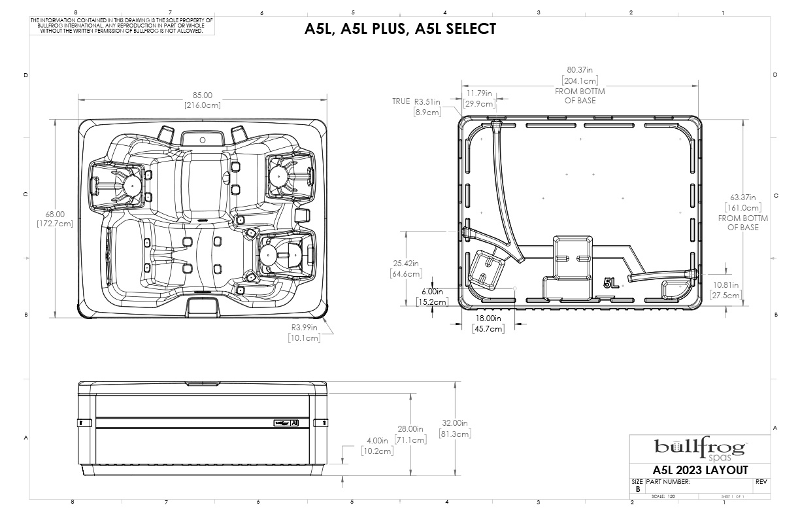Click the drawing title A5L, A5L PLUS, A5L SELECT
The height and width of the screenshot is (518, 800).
400,29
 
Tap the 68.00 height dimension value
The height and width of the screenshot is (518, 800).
55,214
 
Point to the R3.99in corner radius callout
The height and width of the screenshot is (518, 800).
305,328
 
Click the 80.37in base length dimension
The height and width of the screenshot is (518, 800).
580,70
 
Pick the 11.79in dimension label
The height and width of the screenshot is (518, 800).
479,93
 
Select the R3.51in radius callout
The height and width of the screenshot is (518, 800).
427,102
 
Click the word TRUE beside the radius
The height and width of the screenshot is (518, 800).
401,102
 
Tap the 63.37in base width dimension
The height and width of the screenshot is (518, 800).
743,197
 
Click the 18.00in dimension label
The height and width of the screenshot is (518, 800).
488,319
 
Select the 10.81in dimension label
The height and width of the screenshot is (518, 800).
726,285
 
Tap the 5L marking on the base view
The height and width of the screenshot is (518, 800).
611,283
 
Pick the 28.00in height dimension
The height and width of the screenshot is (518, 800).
411,429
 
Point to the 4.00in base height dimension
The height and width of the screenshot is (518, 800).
376,440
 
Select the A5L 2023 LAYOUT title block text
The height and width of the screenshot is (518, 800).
700,470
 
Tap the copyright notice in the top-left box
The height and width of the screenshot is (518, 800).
122,26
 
